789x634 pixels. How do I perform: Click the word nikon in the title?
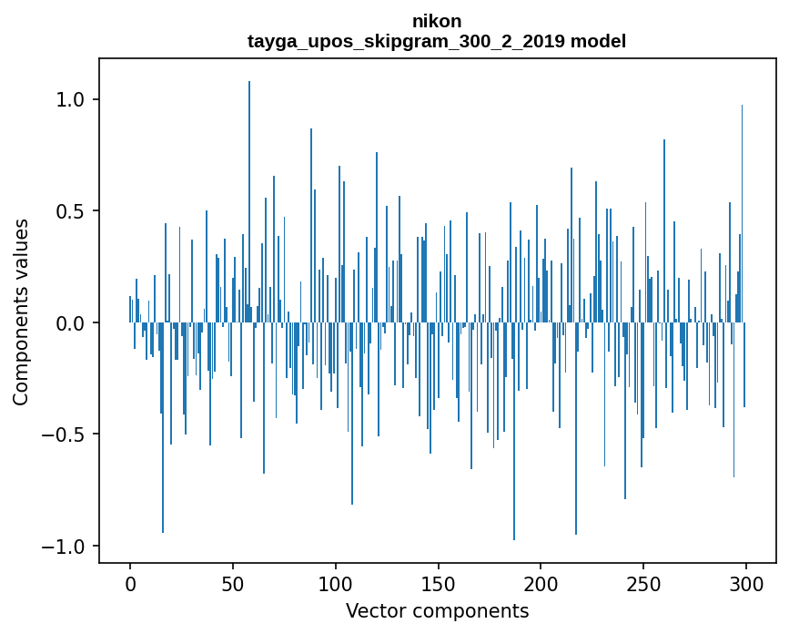pyautogui.click(x=437, y=22)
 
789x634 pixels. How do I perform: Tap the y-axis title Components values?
pyautogui.click(x=21, y=312)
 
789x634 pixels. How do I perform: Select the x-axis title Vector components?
pyautogui.click(x=437, y=611)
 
